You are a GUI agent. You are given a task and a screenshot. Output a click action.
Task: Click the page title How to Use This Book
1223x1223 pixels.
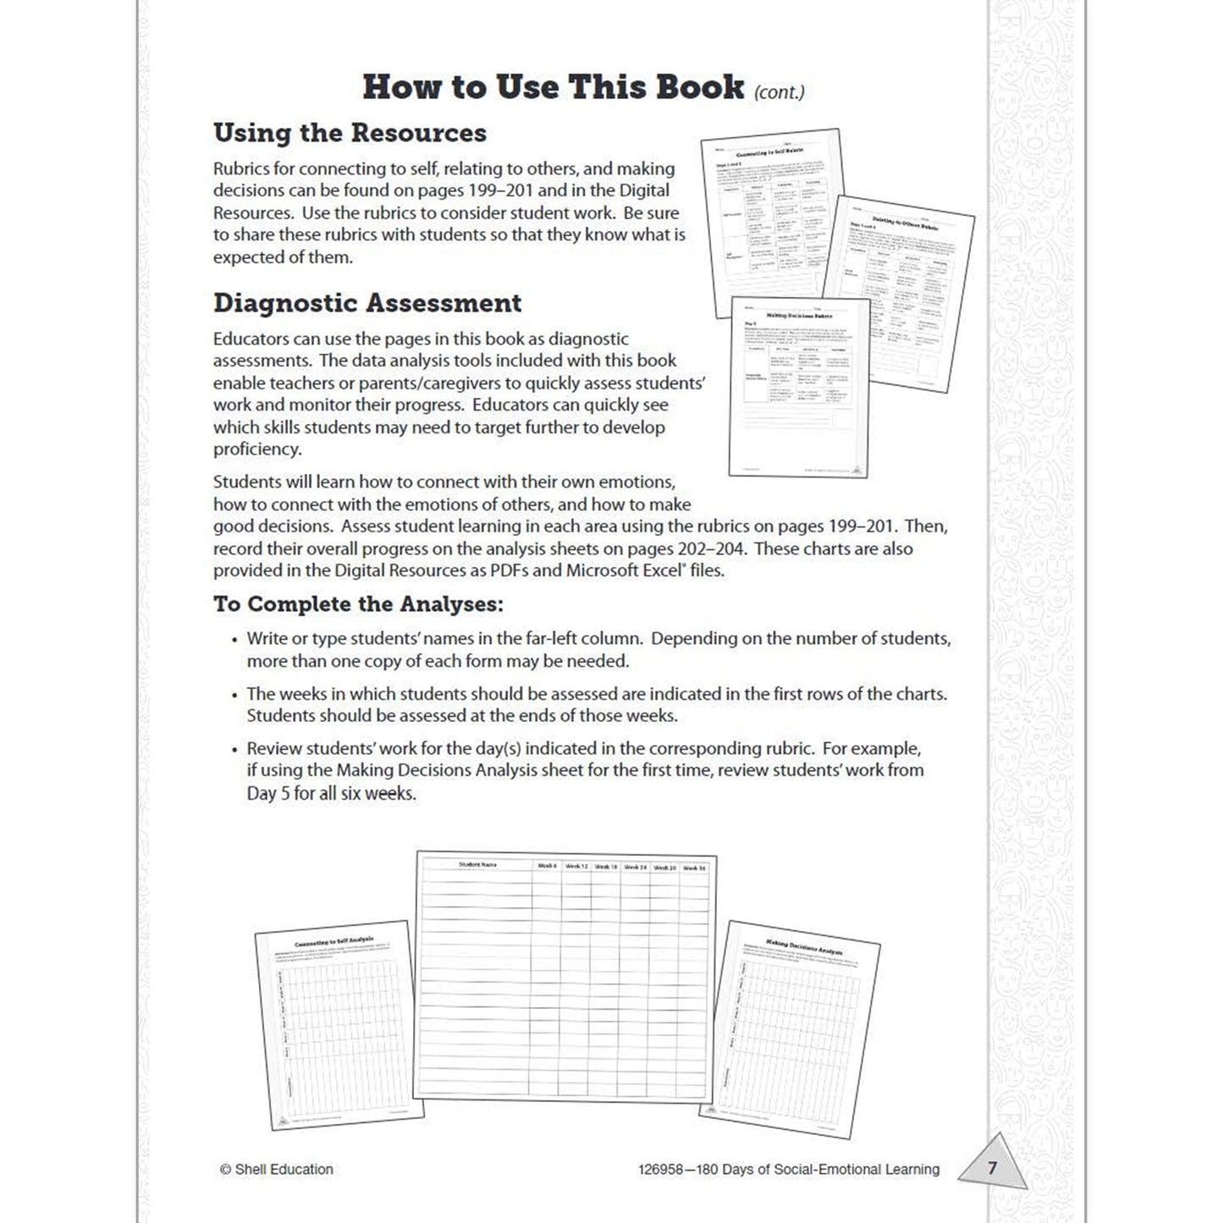point(553,88)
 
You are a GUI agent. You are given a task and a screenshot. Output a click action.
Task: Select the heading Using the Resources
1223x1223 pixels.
point(350,133)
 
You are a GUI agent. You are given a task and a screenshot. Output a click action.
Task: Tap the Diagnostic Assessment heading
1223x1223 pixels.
point(366,303)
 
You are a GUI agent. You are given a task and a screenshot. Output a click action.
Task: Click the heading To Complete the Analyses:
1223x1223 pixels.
point(358,604)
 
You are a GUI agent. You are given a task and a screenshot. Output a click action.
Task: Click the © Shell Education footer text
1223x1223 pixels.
point(276,1169)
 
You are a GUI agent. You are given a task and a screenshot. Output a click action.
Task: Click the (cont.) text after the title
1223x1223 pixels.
point(779,91)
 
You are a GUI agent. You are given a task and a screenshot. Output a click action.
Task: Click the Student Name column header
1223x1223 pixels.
point(477,865)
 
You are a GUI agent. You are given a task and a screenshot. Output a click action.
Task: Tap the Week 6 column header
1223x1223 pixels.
point(548,866)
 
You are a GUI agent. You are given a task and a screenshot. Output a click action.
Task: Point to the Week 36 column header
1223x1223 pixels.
point(694,868)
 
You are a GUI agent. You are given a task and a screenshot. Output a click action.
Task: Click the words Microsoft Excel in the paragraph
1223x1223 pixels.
point(625,570)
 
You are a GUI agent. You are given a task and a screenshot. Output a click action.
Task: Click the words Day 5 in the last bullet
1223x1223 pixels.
point(268,794)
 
